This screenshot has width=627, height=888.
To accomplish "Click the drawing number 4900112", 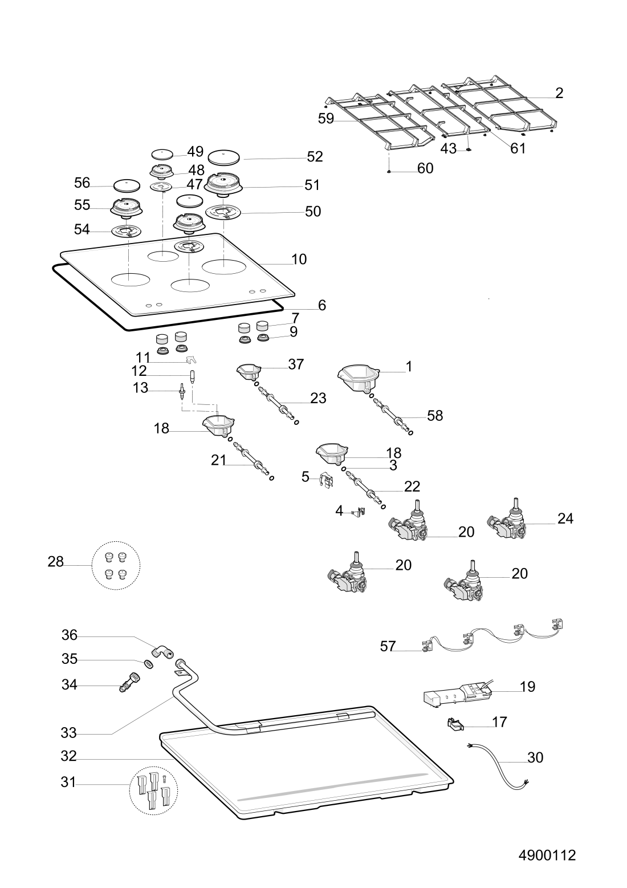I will (547, 855).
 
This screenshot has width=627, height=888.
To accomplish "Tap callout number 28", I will (55, 562).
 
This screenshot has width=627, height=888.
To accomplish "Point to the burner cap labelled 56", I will (127, 185).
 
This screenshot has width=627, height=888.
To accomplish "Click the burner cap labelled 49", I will (161, 153).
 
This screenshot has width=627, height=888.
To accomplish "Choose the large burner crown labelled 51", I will (224, 184).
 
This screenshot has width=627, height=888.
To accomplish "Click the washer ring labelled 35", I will (148, 664).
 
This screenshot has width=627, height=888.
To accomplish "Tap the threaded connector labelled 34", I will (128, 682).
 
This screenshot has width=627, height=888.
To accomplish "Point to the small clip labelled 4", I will (359, 511).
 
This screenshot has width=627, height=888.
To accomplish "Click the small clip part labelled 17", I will (454, 724).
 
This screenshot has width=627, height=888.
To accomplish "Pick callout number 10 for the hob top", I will (299, 259).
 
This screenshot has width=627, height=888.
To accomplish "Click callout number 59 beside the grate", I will (326, 119).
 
